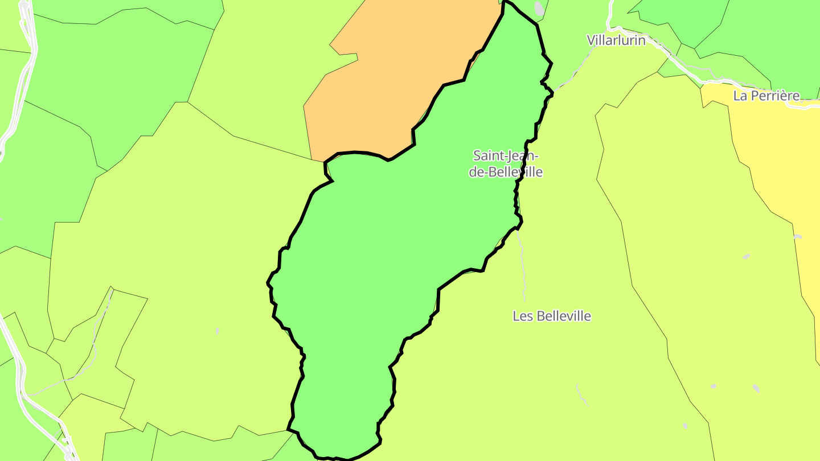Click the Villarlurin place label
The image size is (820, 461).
616,40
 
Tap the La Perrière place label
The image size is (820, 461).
766,96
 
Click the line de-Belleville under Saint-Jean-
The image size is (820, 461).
506,172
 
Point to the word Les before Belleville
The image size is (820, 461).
524,316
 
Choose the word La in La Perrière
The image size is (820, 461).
740,96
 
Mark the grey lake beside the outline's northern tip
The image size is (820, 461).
539,9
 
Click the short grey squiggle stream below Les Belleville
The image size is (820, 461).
582,395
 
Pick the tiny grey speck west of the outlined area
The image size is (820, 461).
217,331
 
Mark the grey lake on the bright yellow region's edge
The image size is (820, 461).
797,236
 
